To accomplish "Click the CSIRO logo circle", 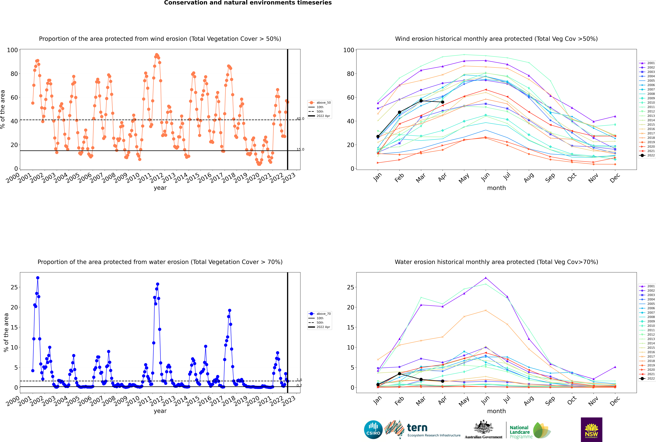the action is pos(373,430).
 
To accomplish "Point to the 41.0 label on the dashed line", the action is pos(300,119).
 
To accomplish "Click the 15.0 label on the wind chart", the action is pos(300,149).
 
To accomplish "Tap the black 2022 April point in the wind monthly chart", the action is pos(443,102).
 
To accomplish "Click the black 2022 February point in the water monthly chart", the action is pos(399,374).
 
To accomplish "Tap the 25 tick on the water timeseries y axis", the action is pos(14,287).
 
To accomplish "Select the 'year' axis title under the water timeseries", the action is pos(160,411).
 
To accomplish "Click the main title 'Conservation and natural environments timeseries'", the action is pos(248,3).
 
